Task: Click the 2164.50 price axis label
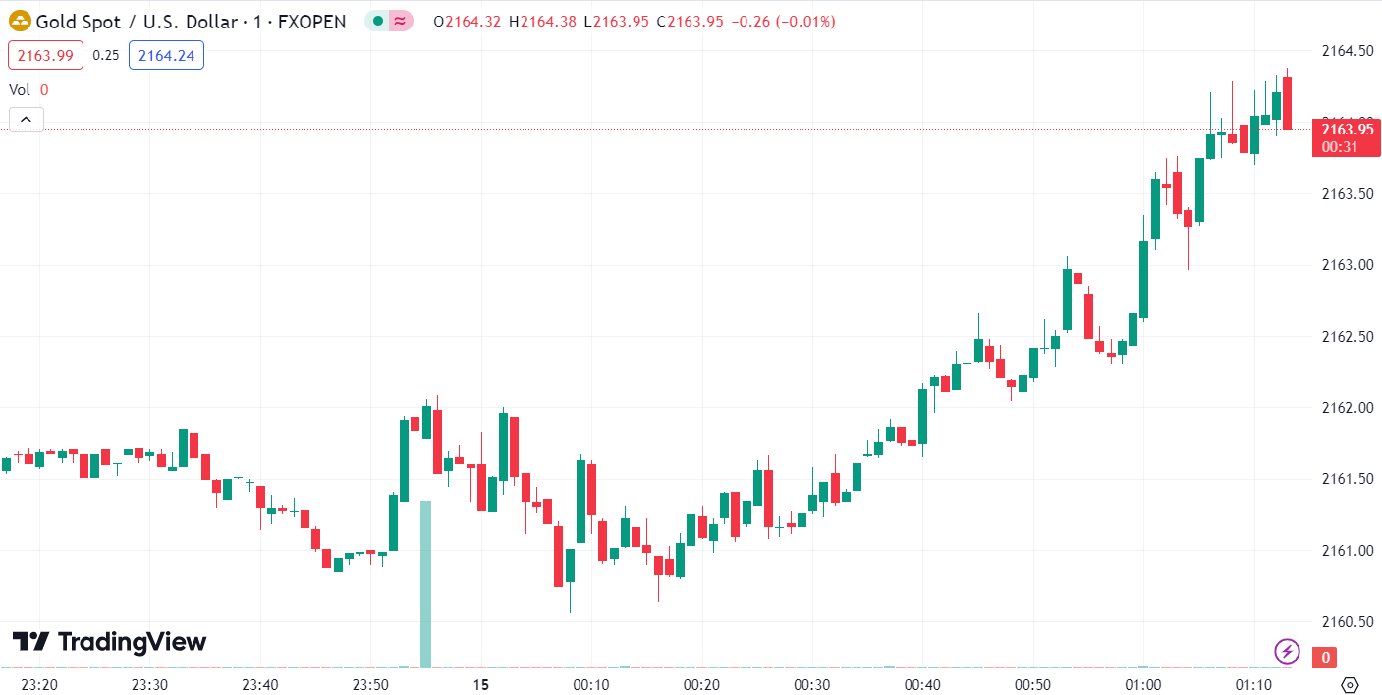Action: tap(1346, 51)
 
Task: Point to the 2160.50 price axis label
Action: tap(1346, 621)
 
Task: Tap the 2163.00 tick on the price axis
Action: tap(1346, 265)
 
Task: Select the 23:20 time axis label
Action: tap(38, 684)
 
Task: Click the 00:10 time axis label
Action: tap(591, 684)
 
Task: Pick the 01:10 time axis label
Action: tap(1253, 684)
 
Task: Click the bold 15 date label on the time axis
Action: tap(480, 684)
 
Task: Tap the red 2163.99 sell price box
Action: tap(45, 55)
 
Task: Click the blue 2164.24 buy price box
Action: tap(166, 55)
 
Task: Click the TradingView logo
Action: tap(109, 642)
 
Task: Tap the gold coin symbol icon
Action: tap(19, 21)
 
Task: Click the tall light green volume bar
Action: tap(425, 583)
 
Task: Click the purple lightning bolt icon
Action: tap(1287, 650)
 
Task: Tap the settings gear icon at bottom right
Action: tap(1350, 684)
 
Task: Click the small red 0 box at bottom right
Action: tap(1326, 657)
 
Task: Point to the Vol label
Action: tap(20, 89)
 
